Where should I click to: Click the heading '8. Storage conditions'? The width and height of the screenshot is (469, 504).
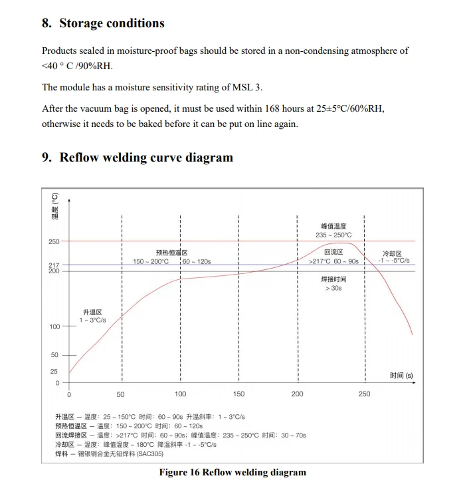pyautogui.click(x=103, y=23)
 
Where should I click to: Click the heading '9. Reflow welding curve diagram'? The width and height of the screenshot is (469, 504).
pyautogui.click(x=137, y=158)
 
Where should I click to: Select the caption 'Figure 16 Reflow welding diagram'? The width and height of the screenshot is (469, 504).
pyautogui.click(x=233, y=472)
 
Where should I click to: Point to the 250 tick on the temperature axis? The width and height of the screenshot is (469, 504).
pyautogui.click(x=54, y=241)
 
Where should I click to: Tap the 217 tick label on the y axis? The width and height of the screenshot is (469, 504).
pyautogui.click(x=54, y=265)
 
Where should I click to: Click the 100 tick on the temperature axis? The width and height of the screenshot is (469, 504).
pyautogui.click(x=54, y=326)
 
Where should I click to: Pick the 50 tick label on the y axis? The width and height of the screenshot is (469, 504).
pyautogui.click(x=54, y=355)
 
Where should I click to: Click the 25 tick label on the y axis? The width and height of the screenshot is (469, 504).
pyautogui.click(x=54, y=371)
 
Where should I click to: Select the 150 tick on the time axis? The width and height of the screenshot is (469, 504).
pyautogui.click(x=238, y=394)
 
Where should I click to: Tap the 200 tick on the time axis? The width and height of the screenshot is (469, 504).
pyautogui.click(x=297, y=394)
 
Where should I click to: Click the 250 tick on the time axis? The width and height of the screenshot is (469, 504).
pyautogui.click(x=364, y=394)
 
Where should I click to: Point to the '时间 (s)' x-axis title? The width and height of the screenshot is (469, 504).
pyautogui.click(x=401, y=376)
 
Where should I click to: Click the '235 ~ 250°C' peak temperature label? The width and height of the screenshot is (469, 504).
pyautogui.click(x=333, y=235)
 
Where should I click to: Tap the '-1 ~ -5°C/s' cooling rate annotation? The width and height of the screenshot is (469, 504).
pyautogui.click(x=393, y=261)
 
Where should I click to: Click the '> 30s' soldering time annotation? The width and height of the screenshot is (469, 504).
pyautogui.click(x=333, y=289)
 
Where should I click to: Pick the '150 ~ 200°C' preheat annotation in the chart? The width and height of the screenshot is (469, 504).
pyautogui.click(x=151, y=261)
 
